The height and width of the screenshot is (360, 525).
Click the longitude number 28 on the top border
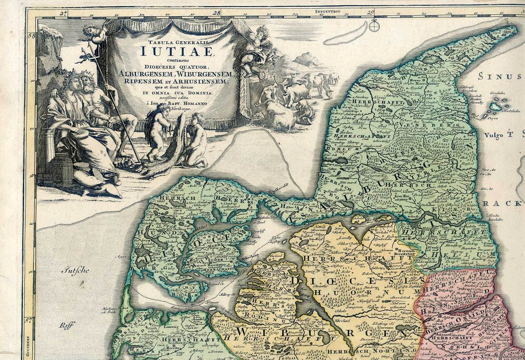[x=216, y=12]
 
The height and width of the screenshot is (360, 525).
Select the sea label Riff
[x=65, y=326]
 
